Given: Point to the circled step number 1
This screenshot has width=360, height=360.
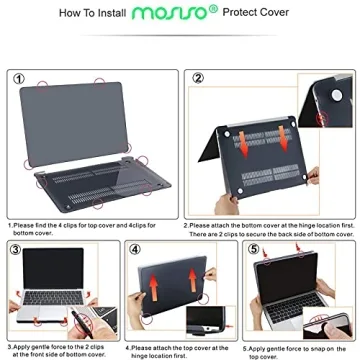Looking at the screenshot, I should (x=19, y=77).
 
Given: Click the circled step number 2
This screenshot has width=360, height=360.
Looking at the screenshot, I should (x=198, y=77).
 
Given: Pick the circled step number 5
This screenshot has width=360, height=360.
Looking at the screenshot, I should (x=253, y=249).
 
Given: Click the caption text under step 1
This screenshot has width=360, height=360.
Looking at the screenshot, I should (x=90, y=228).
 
